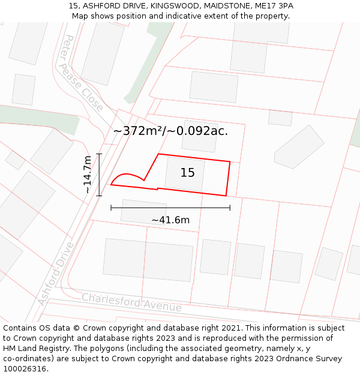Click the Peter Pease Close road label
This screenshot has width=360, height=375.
(x=83, y=73)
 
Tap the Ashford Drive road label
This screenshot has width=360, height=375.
(x=56, y=273)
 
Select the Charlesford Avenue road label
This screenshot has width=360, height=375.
(x=131, y=302)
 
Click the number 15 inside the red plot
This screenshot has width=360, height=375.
(x=187, y=173)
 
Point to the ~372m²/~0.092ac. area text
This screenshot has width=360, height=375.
(x=170, y=131)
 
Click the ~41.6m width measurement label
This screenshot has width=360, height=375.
(x=170, y=220)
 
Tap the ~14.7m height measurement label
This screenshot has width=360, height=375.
(x=88, y=174)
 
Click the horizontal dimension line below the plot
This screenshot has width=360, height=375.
(x=170, y=208)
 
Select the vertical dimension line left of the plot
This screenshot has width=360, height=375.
(x=99, y=175)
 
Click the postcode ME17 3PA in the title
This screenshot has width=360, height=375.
(x=273, y=6)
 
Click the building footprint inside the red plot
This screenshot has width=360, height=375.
(x=184, y=174)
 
